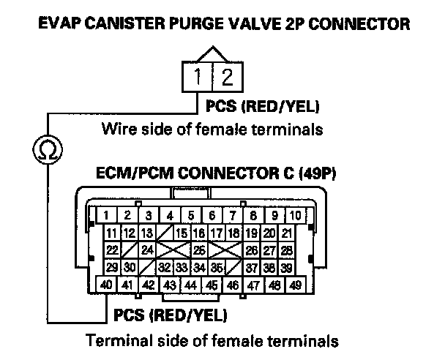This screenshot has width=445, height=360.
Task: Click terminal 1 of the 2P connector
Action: coord(198,75)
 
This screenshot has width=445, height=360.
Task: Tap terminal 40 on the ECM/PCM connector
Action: coord(106,284)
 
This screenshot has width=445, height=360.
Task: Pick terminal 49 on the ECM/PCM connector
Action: coord(296,284)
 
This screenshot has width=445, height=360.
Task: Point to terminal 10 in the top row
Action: coord(294,216)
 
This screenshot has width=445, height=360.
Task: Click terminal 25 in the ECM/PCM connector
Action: coord(198,250)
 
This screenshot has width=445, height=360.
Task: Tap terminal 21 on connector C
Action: coord(287,233)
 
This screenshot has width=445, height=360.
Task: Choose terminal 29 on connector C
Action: coord(113,267)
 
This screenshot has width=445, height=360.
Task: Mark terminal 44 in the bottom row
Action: coord(190,284)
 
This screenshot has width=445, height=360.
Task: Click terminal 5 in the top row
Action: coord(190,216)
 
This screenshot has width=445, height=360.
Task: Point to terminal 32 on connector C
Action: coord(166,267)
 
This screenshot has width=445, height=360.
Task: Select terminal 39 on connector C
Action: coord(287,267)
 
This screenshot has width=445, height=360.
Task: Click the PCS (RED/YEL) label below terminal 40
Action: coord(171,316)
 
